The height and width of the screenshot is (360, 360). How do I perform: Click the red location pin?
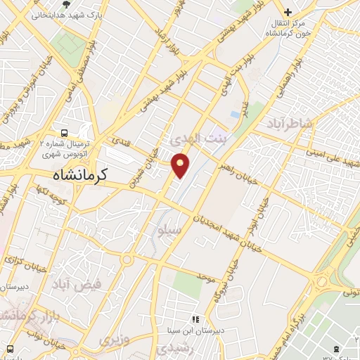(x=181, y=165)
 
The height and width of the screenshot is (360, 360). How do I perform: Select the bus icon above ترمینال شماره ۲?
(x=65, y=132)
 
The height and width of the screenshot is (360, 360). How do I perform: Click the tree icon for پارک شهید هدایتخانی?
(x=66, y=5)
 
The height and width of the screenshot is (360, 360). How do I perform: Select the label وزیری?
(x=115, y=340)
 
